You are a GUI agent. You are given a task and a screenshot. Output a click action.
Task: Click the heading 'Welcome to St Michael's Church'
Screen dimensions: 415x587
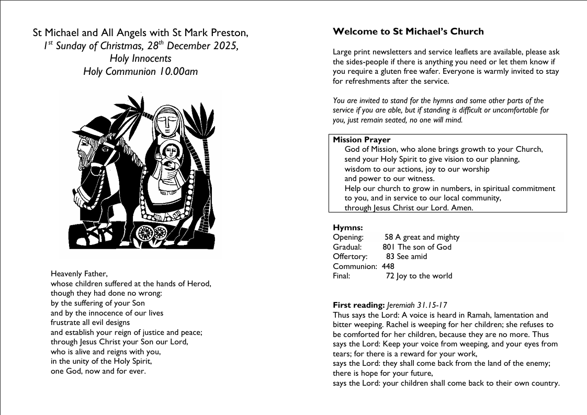(408, 31)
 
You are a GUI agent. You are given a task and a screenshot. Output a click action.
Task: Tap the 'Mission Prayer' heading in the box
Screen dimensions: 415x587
(362, 140)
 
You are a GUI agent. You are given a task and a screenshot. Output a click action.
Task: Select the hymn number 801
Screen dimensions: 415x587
(389, 247)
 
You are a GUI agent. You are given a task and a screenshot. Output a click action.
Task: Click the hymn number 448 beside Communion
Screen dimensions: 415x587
(388, 266)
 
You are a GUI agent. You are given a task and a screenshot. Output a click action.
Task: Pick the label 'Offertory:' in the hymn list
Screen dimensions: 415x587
(350, 256)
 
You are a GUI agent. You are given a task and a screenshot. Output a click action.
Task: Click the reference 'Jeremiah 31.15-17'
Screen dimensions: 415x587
(417, 305)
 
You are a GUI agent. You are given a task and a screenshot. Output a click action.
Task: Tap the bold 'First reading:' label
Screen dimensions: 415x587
(359, 305)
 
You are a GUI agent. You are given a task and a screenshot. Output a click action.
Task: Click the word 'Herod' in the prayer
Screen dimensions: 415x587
(199, 284)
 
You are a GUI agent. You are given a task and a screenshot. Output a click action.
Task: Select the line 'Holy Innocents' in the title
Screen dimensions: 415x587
(141, 59)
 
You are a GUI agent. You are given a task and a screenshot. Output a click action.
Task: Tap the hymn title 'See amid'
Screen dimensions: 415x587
(412, 256)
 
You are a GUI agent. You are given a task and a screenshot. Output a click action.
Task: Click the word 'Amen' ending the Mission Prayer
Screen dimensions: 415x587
(462, 208)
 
